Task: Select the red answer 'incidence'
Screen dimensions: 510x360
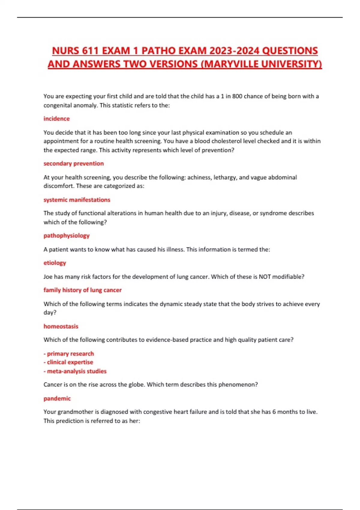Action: [56, 118]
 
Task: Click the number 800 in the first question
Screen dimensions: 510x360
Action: [237, 96]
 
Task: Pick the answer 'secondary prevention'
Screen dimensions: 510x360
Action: [73, 163]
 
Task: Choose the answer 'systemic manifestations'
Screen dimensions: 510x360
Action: [77, 200]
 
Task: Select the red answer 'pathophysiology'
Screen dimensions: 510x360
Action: [66, 235]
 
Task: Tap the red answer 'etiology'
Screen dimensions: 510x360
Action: [55, 263]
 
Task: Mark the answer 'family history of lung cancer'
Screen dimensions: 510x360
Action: [82, 290]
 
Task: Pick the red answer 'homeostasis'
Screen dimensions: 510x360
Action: [61, 326]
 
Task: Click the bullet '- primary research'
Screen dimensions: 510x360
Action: [69, 354]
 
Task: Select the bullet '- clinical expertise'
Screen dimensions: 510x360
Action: [68, 362]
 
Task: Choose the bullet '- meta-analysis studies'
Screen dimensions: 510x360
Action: [75, 371]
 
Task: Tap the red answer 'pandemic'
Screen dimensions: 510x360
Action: [57, 398]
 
